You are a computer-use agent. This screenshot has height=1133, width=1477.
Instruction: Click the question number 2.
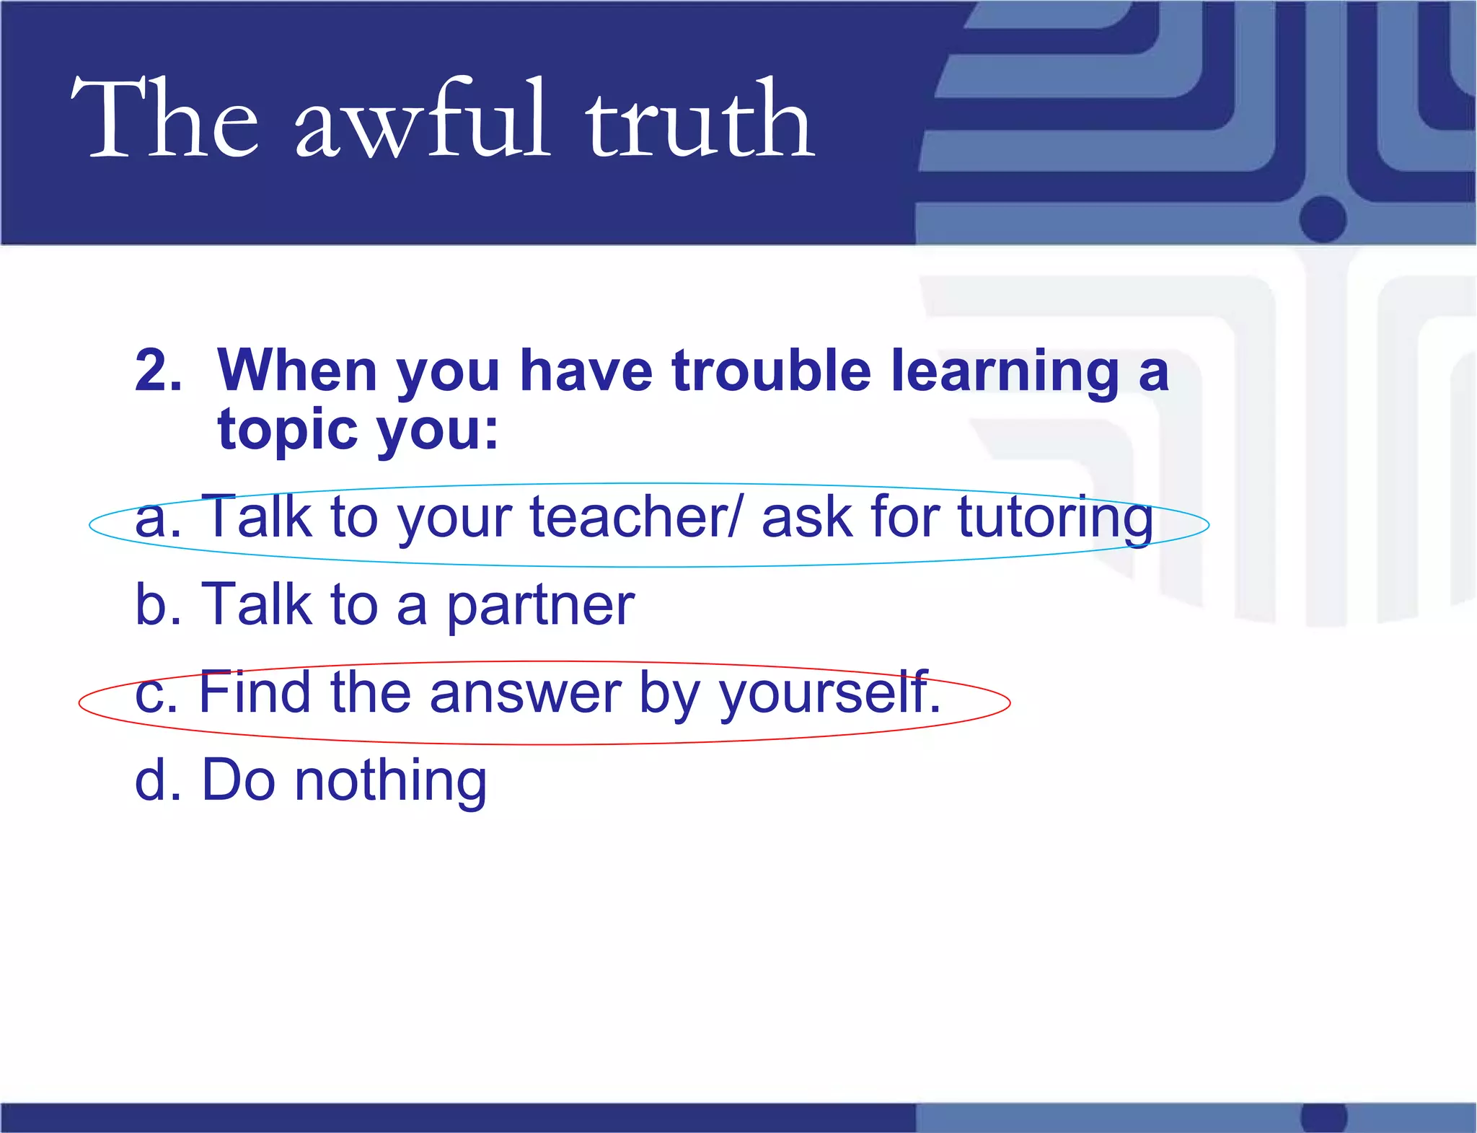coord(157,371)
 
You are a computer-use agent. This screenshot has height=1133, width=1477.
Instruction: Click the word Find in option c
coord(255,692)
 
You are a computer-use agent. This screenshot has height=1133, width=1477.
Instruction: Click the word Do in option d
coord(238,780)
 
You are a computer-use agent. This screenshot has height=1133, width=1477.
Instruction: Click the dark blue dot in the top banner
coord(1323,219)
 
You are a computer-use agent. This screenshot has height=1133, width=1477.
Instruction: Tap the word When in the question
coord(297,371)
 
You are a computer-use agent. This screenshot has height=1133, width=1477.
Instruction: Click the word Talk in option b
coord(256,604)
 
